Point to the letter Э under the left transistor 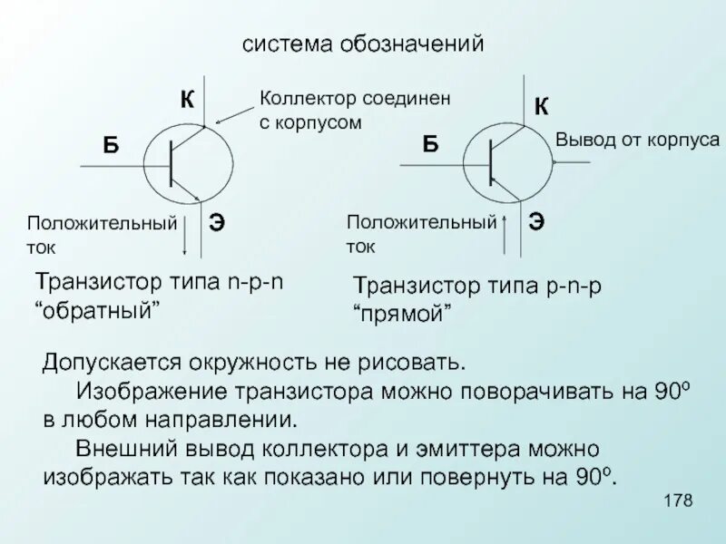tap(218, 220)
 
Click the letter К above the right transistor tap(540, 106)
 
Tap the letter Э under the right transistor tap(536, 220)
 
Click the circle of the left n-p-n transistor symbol tap(189, 164)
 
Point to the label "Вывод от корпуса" tap(637, 140)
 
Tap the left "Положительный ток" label tap(100, 233)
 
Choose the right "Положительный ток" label tap(422, 233)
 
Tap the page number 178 tap(679, 501)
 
